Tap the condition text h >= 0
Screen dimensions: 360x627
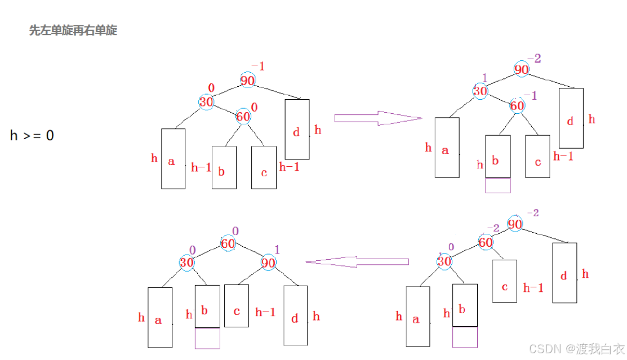coord(32,135)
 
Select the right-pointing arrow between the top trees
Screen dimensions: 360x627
coord(377,118)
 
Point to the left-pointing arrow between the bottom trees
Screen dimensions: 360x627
coord(357,262)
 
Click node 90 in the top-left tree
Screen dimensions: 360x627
coord(248,81)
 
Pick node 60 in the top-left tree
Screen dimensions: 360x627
coord(243,117)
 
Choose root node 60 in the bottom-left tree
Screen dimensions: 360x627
coord(228,243)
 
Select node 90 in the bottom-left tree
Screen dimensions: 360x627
coord(269,262)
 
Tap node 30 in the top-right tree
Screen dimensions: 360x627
coord(481,91)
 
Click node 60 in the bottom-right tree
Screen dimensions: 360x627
coord(486,243)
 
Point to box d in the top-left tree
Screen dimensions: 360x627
coord(297,130)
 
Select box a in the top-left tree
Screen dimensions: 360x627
coord(173,159)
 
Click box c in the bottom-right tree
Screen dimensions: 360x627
coord(505,281)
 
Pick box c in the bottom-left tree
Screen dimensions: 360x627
coord(237,305)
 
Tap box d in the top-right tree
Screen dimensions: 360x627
coord(571,118)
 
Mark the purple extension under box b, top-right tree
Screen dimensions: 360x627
coord(498,185)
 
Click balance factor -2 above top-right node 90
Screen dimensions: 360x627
coord(534,58)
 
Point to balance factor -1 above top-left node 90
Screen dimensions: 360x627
coord(258,66)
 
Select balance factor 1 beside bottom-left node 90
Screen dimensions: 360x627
coord(277,248)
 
